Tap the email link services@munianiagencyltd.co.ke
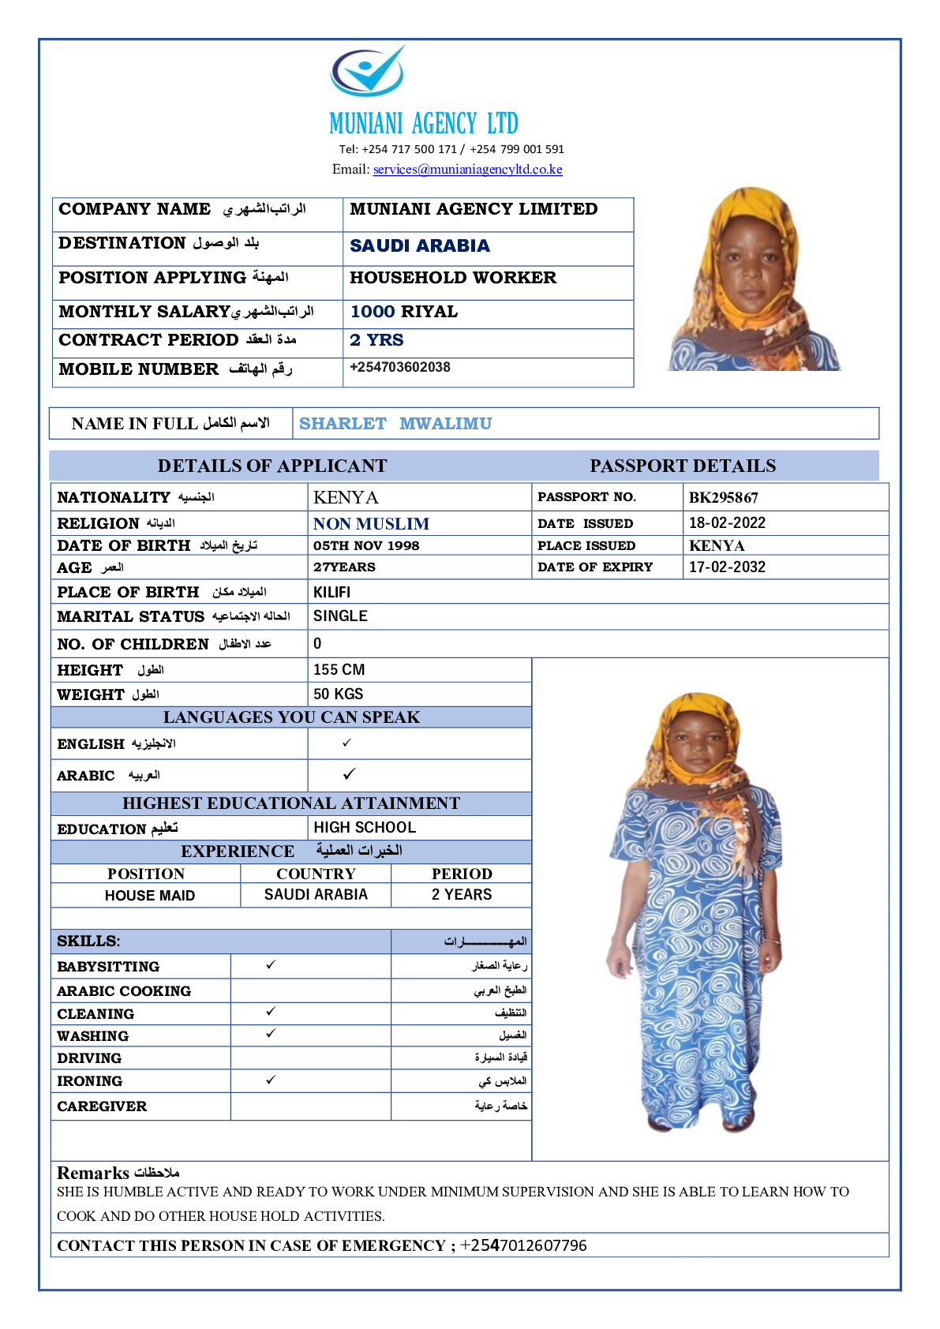click(467, 170)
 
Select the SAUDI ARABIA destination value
click(420, 246)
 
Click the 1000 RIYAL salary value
click(404, 312)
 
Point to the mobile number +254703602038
click(400, 368)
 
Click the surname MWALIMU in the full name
click(445, 424)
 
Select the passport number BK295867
click(723, 498)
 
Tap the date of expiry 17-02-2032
click(727, 567)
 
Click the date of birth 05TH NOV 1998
click(366, 546)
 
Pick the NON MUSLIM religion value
click(371, 524)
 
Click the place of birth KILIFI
click(331, 593)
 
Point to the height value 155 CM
click(339, 670)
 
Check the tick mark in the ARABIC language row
click(349, 774)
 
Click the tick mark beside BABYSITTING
click(271, 965)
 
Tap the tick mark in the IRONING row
click(271, 1080)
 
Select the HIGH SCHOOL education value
click(365, 828)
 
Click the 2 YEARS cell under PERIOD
click(461, 895)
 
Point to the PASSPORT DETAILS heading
click(683, 466)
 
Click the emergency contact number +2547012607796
click(524, 1246)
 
